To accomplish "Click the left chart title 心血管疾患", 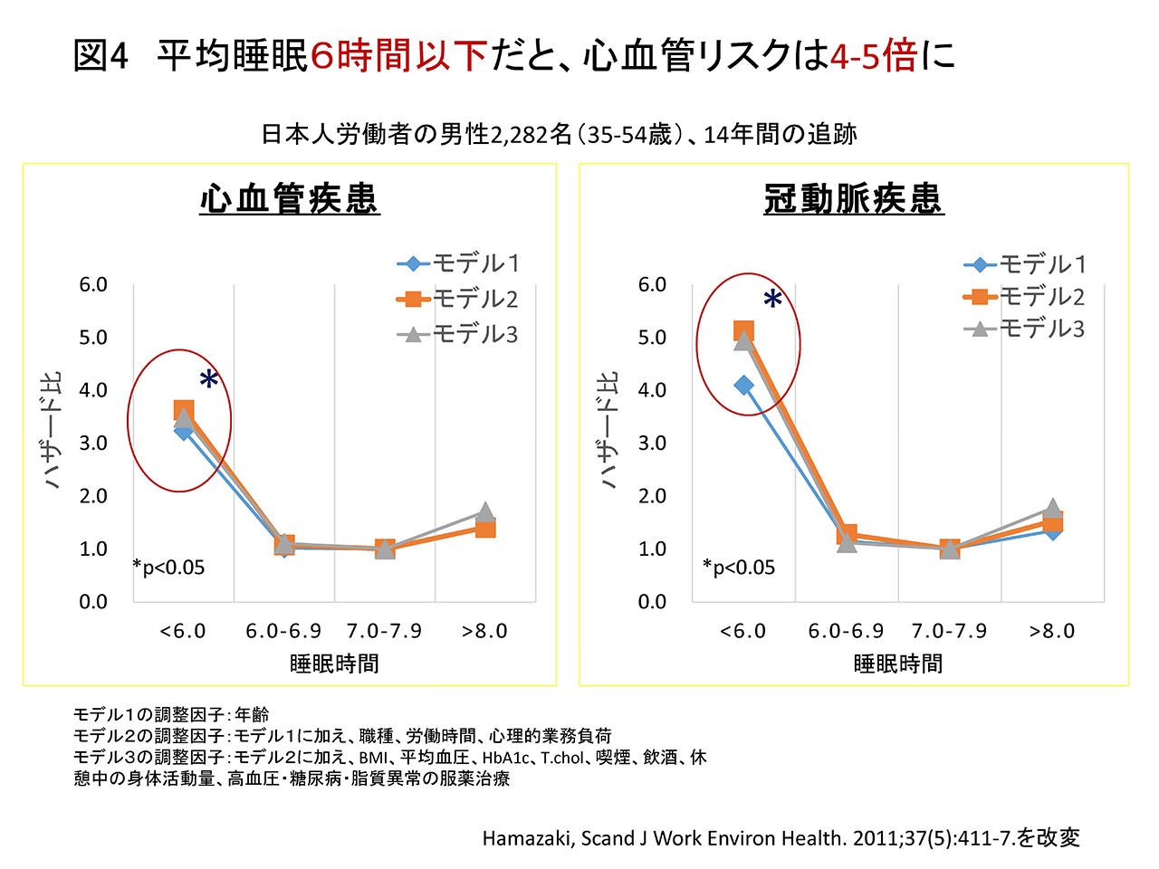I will (290, 199).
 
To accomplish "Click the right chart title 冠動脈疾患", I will (854, 199).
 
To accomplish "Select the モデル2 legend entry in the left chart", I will (458, 299).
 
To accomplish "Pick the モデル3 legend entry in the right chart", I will (1025, 329).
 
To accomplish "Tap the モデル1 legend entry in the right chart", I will (1025, 264).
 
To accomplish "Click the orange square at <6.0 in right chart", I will (743, 331).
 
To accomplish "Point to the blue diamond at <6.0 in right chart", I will (743, 386).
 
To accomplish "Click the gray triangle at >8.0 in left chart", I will (485, 512).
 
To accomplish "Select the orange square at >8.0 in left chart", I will (485, 528).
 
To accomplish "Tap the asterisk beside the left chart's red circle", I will (209, 380).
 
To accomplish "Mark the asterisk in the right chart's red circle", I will (772, 300).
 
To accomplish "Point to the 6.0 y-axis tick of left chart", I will (93, 285).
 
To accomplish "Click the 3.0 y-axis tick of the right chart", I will (652, 444).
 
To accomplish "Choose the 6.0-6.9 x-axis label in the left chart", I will (283, 631).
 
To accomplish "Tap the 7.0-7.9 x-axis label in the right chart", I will (949, 631).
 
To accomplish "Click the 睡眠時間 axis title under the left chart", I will (334, 664).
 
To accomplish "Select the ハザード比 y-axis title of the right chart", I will (608, 430).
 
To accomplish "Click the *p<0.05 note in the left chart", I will (168, 568).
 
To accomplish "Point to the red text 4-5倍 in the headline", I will (873, 56).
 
